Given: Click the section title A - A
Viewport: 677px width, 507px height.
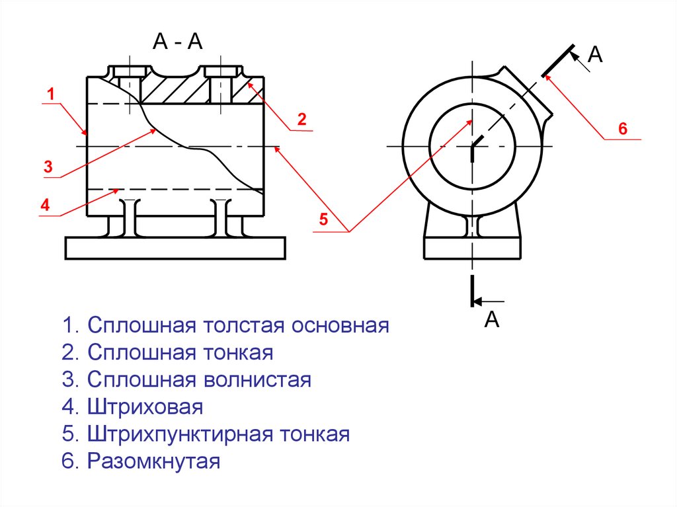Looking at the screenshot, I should pyautogui.click(x=177, y=42).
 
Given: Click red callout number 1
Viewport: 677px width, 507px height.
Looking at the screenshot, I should pyautogui.click(x=49, y=95).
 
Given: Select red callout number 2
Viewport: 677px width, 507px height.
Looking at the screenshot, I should pyautogui.click(x=301, y=120).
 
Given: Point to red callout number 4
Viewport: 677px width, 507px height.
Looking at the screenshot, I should pyautogui.click(x=45, y=206).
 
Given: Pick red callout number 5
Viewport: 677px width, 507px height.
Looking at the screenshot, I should pyautogui.click(x=323, y=220).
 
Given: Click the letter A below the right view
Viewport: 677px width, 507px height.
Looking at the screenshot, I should pyautogui.click(x=491, y=321).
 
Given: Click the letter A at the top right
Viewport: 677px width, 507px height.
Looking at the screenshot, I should pyautogui.click(x=596, y=55).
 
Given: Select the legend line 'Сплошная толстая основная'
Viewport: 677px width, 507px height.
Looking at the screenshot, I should pyautogui.click(x=225, y=326).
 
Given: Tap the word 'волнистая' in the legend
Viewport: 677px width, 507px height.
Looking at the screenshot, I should pyautogui.click(x=262, y=380).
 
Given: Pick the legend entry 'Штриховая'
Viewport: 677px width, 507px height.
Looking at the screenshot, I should pyautogui.click(x=133, y=407).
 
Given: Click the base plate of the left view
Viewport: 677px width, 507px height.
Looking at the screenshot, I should pyautogui.click(x=175, y=248).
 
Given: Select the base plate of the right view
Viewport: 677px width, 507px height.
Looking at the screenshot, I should pyautogui.click(x=473, y=248).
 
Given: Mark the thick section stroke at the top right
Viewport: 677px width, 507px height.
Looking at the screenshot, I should pyautogui.click(x=557, y=59).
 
